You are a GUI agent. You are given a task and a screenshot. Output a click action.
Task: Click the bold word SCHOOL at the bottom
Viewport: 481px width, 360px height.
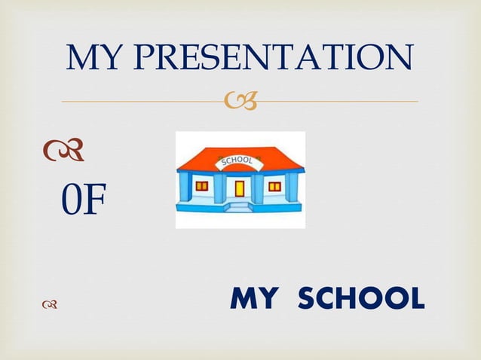(x=361, y=299)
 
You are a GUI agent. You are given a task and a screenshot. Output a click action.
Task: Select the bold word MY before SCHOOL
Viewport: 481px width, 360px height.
(x=256, y=299)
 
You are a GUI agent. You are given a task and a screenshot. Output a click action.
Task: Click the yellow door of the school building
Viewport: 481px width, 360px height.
(x=240, y=188)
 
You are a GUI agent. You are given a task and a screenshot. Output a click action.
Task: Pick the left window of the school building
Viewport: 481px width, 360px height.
(x=202, y=186)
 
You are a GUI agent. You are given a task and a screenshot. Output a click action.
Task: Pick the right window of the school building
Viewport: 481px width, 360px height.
(x=274, y=186)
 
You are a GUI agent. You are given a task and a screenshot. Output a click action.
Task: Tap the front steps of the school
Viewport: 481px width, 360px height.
(x=240, y=206)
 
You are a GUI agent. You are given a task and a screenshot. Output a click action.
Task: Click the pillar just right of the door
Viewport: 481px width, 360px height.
(x=259, y=188)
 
